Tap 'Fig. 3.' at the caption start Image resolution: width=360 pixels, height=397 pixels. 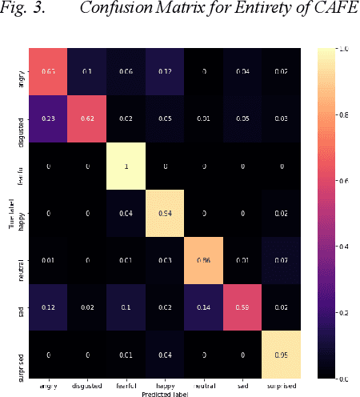click(25, 12)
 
